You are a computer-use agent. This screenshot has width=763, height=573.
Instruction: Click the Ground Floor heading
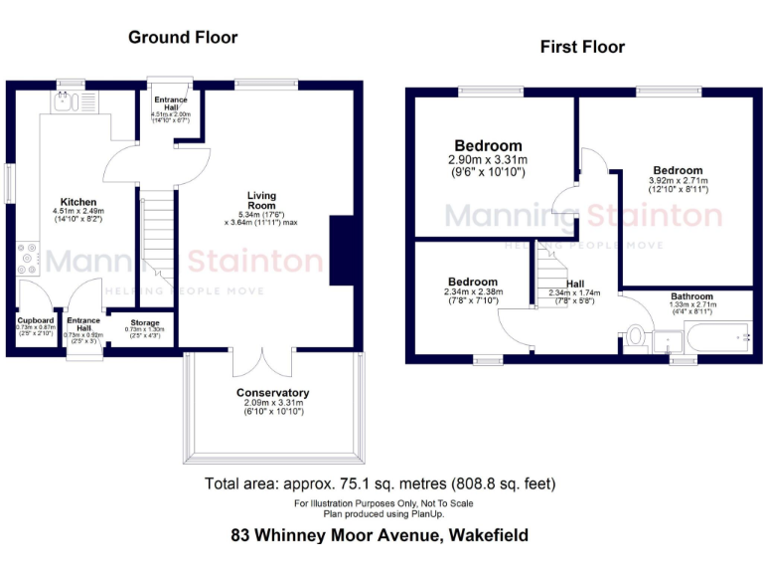pyautogui.click(x=183, y=38)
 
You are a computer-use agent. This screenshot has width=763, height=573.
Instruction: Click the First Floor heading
pyautogui.click(x=582, y=47)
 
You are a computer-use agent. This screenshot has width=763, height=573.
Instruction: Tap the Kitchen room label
pyautogui.click(x=77, y=201)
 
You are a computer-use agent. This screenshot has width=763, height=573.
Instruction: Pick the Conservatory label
pyautogui.click(x=272, y=393)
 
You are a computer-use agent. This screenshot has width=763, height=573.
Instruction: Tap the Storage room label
pyautogui.click(x=145, y=323)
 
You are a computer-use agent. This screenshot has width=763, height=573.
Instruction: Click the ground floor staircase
pyautogui.click(x=155, y=238)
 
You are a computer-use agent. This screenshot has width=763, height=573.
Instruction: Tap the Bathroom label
pyautogui.click(x=691, y=296)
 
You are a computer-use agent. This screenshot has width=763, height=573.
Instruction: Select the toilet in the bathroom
pyautogui.click(x=636, y=335)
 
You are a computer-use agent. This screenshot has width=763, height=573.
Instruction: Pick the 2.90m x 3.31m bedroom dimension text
pyautogui.click(x=487, y=159)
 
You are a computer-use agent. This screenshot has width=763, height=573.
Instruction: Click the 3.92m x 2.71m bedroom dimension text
pyautogui.click(x=678, y=183)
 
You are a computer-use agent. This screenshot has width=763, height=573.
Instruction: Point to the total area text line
pyautogui.click(x=380, y=484)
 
